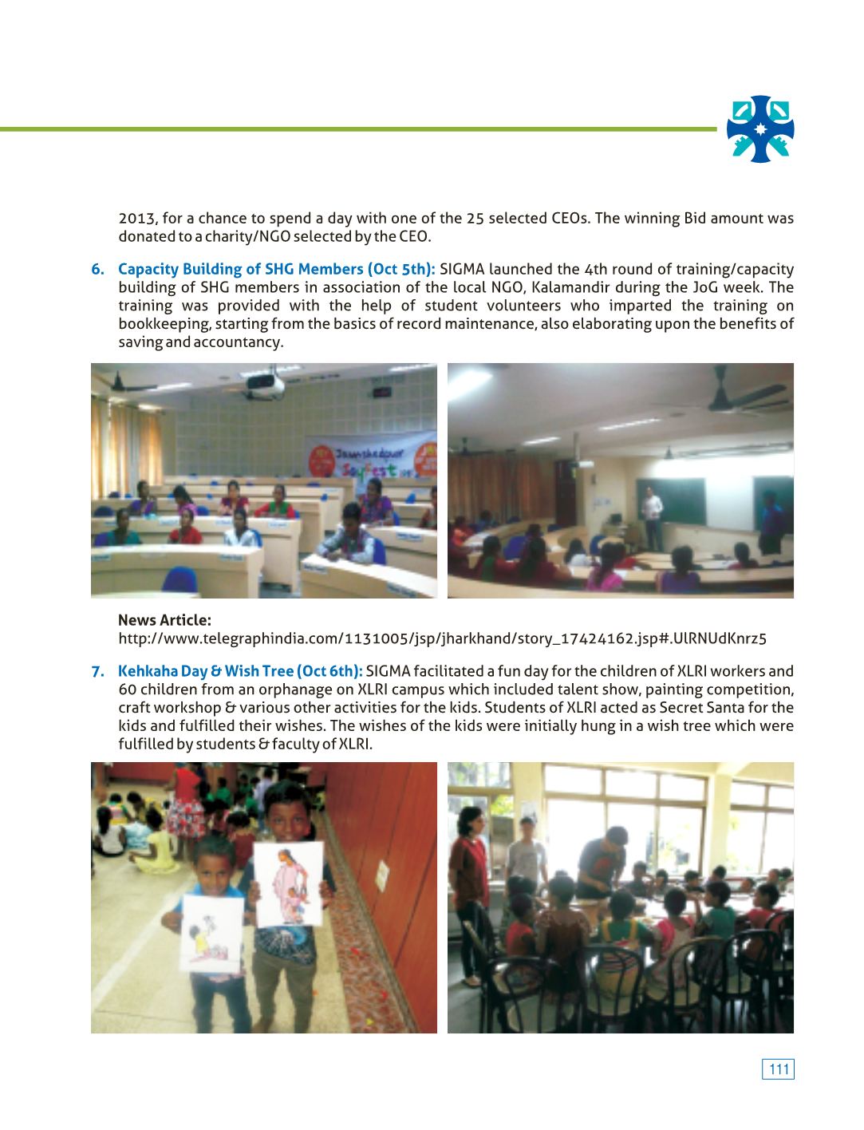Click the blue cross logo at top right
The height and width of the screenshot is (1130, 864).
(x=760, y=129)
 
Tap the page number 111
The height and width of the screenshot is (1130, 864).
(x=779, y=1069)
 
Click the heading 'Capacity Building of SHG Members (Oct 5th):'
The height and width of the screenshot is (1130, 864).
(x=276, y=270)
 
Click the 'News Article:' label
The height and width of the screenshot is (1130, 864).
(x=164, y=620)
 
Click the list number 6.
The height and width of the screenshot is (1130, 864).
(x=97, y=270)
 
